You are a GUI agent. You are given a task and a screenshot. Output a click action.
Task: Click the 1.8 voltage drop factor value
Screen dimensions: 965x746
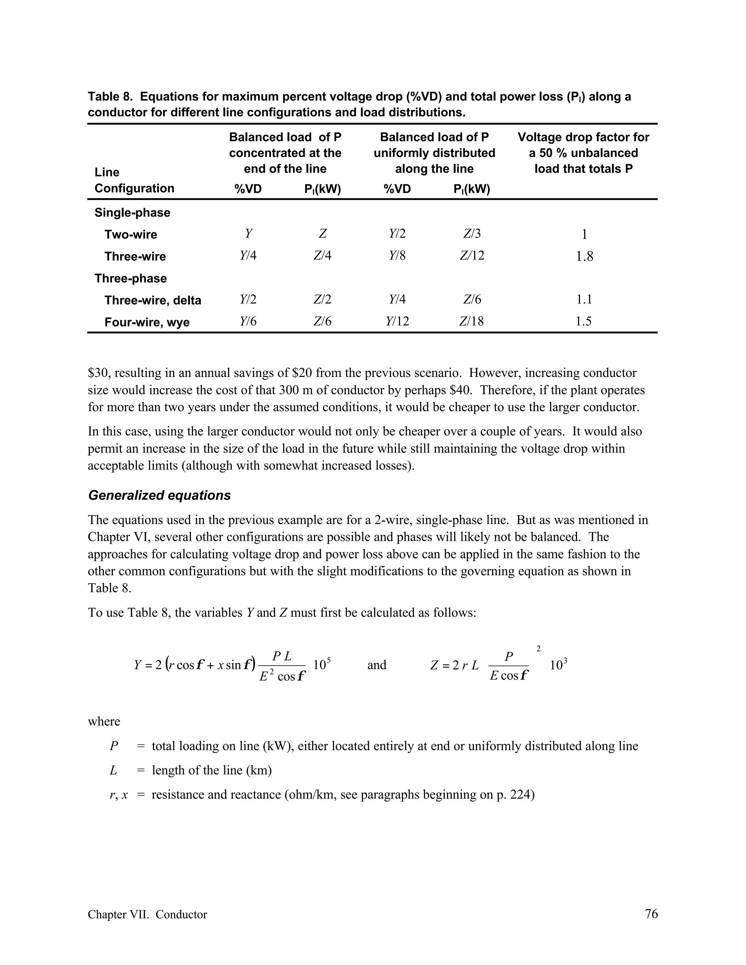click(584, 256)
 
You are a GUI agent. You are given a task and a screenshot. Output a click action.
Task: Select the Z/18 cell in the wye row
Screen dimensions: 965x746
click(472, 321)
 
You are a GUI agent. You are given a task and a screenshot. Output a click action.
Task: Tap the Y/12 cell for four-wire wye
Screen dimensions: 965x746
click(397, 321)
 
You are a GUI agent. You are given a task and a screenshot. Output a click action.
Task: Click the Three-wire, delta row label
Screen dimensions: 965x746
click(153, 300)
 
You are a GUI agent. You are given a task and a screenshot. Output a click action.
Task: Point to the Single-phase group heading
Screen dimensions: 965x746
click(132, 213)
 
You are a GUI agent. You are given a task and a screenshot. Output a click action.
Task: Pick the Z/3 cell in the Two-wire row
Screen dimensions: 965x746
click(472, 233)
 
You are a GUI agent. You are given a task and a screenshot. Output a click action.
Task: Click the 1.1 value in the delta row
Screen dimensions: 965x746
click(584, 300)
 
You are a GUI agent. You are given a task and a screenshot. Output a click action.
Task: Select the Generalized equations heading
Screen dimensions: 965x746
click(160, 495)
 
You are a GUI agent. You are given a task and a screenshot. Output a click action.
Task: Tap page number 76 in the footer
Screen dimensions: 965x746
click(651, 913)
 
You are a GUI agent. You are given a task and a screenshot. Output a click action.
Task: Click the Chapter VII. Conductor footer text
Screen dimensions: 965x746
click(147, 914)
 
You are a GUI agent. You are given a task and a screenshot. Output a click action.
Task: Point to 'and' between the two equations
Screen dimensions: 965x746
click(377, 665)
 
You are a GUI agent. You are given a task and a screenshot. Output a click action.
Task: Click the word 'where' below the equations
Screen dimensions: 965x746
click(104, 721)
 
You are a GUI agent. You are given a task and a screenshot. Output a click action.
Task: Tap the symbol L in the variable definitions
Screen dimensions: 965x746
click(113, 771)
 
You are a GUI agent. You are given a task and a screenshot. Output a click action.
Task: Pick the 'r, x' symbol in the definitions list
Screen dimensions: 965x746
click(118, 795)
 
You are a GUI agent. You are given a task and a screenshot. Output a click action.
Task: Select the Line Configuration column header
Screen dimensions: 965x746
click(134, 180)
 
